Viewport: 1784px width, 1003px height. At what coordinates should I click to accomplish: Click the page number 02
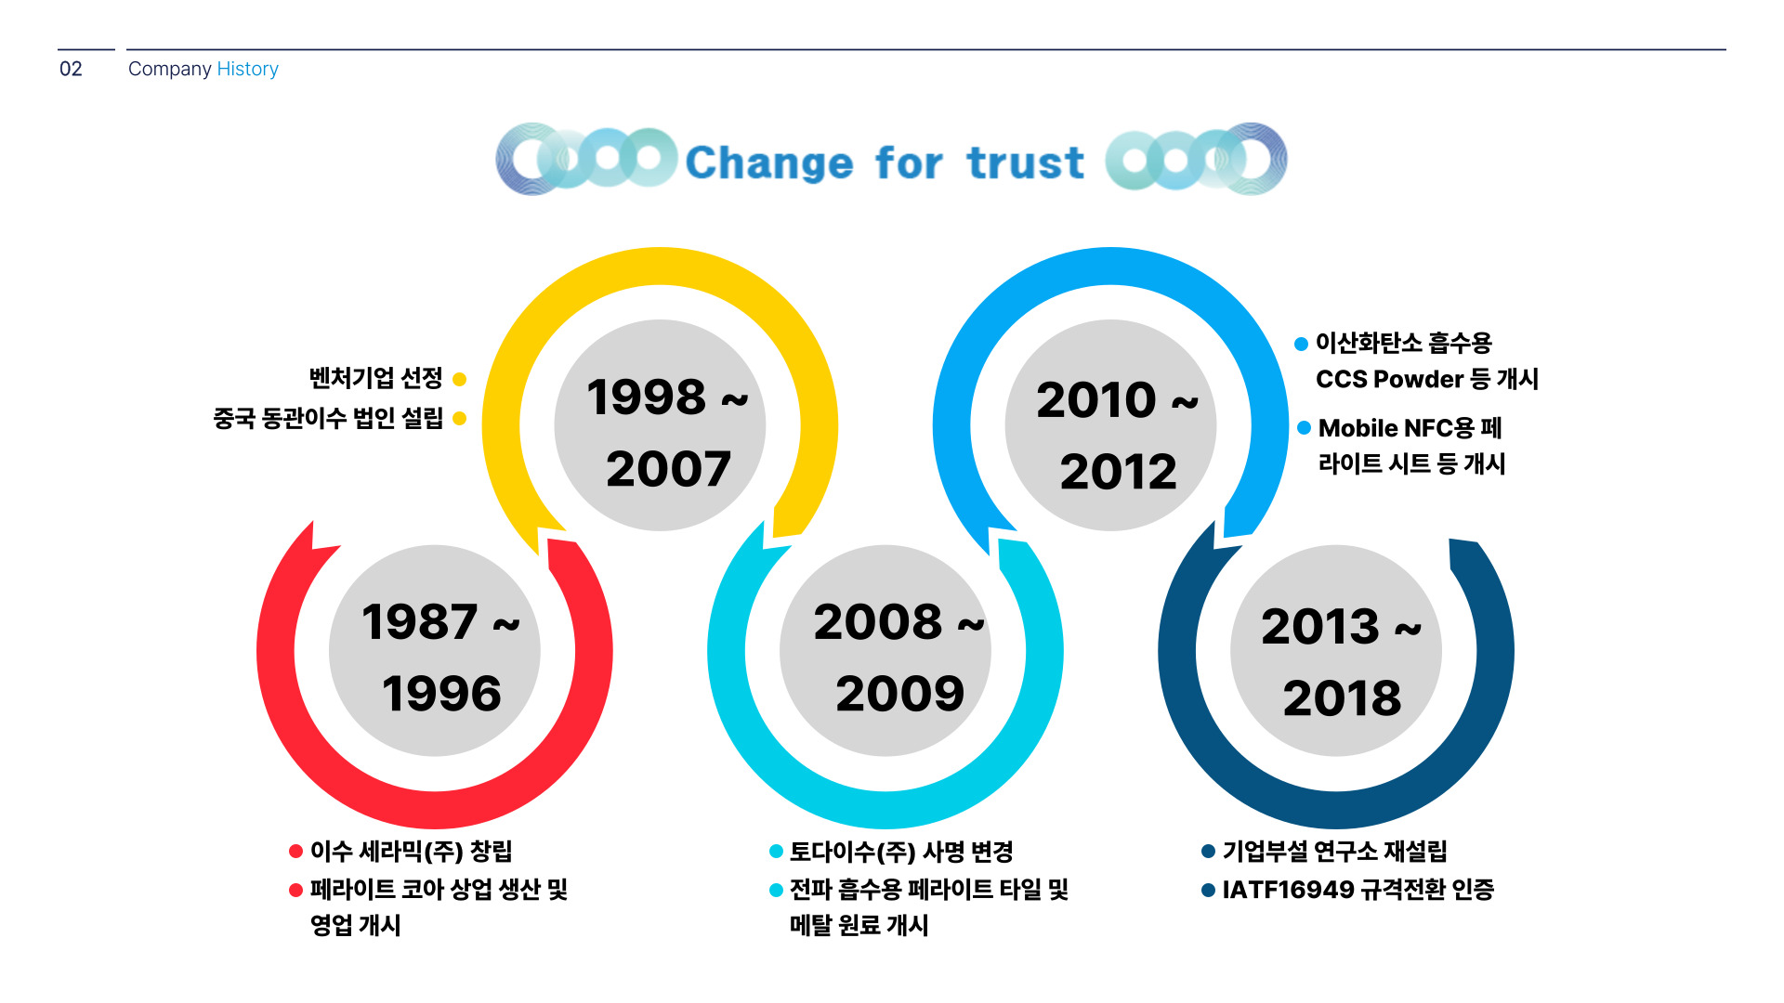point(71,69)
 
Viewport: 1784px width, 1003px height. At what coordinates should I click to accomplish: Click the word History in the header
point(247,69)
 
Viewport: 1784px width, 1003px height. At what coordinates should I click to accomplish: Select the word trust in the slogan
point(1025,163)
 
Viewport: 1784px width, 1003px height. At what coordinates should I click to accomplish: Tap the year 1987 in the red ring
point(419,621)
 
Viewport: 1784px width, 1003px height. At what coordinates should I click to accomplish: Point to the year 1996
point(441,693)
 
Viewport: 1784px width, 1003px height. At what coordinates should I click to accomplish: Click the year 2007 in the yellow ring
point(668,468)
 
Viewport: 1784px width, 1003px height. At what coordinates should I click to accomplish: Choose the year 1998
point(646,397)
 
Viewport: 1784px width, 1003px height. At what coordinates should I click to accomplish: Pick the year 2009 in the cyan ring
point(899,693)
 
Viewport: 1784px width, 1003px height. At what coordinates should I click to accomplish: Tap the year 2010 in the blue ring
point(1096,399)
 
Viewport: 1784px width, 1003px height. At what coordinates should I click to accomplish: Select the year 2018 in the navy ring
point(1342,697)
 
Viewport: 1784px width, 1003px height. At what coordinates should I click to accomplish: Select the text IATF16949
point(1288,890)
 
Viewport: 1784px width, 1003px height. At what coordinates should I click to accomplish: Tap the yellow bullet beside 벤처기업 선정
point(459,379)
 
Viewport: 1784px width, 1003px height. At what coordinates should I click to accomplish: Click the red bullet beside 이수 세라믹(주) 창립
point(295,851)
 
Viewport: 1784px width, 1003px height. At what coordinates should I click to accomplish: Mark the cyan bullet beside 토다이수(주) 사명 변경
point(776,851)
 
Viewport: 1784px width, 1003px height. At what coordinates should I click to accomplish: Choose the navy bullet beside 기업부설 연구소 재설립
point(1208,851)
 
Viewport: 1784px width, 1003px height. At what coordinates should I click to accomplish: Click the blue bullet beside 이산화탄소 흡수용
point(1301,344)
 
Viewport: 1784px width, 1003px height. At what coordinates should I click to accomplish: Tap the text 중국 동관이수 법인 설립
point(328,418)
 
